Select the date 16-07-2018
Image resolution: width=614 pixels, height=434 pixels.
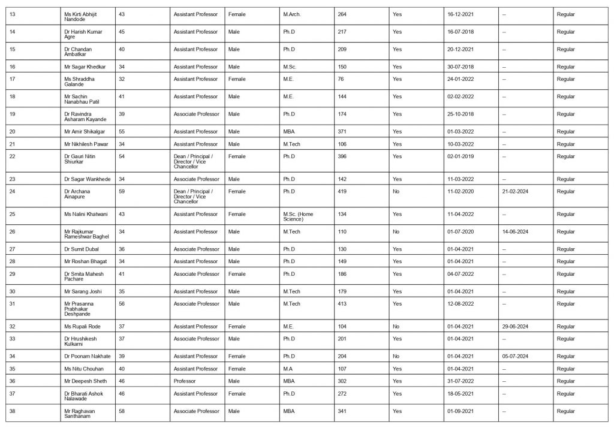pos(460,31)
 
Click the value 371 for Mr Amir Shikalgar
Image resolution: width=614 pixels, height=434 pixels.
pos(343,131)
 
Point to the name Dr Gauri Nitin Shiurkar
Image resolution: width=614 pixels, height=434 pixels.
pos(79,159)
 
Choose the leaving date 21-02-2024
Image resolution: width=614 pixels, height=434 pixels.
pos(516,191)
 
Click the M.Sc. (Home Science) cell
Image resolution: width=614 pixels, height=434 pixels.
pos(297,216)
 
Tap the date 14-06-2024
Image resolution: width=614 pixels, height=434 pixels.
pos(516,231)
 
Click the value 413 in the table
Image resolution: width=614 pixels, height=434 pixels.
pos(343,304)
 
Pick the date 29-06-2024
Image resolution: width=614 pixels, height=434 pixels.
pos(516,327)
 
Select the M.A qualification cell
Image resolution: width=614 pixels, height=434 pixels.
pos(288,369)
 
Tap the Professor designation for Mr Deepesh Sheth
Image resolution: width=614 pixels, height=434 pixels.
pos(185,381)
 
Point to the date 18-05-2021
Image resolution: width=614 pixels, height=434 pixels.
pos(460,394)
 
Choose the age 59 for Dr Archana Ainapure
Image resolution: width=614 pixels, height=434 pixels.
pos(120,191)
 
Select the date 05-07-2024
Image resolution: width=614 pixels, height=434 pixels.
pos(516,357)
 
